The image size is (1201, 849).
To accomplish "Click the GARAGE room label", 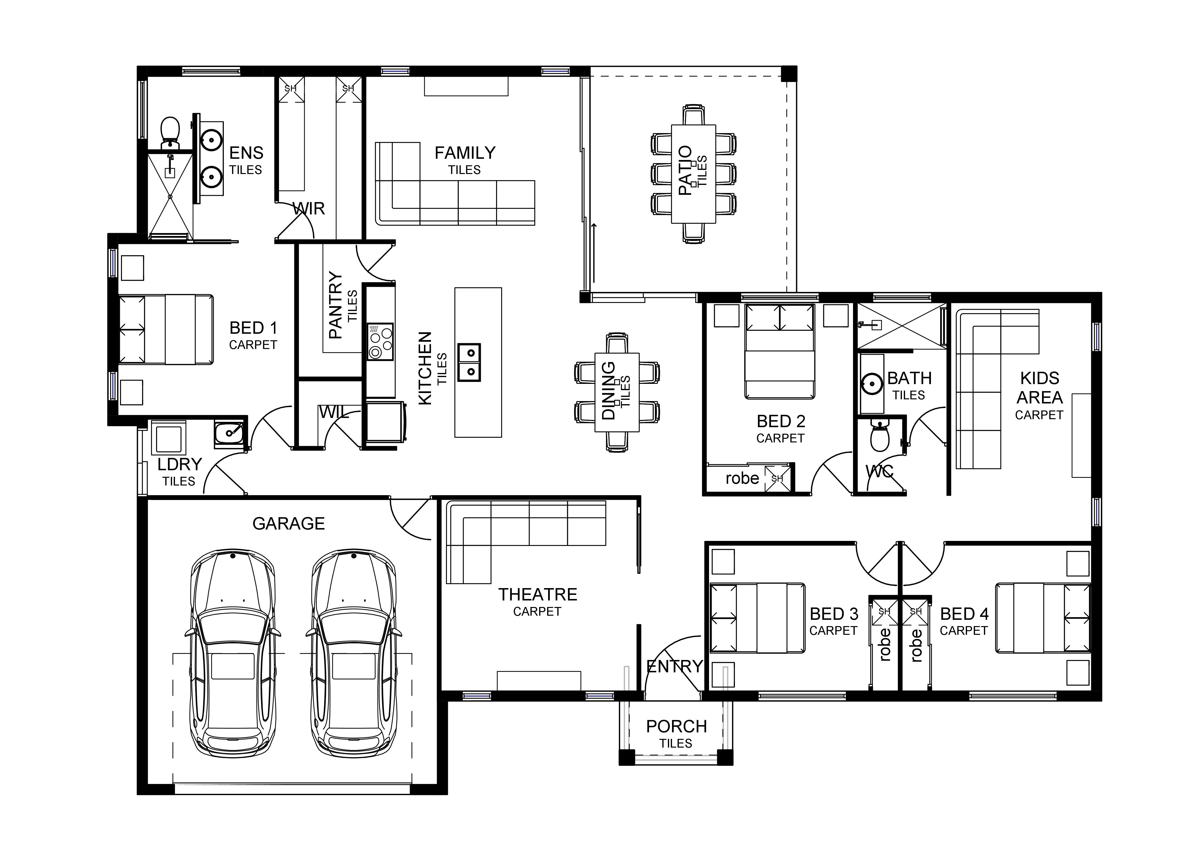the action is pos(288,524).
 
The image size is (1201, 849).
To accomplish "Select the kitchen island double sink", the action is pos(469,363).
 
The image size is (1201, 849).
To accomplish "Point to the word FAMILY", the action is pos(465,153).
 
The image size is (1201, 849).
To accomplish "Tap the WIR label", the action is pos(309,209).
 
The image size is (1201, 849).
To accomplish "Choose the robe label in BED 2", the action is pos(742,478).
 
